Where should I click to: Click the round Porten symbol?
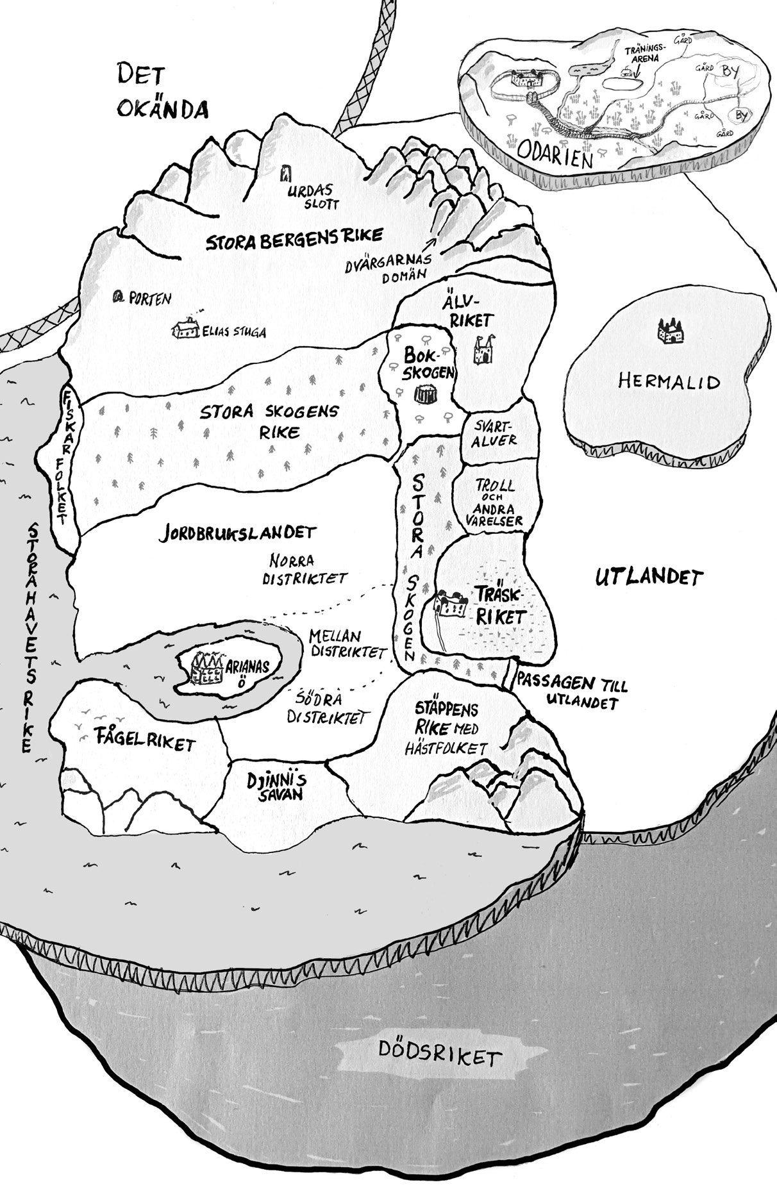[x=117, y=297]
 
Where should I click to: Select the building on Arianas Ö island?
[x=206, y=668]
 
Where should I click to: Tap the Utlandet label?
[x=649, y=577]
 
